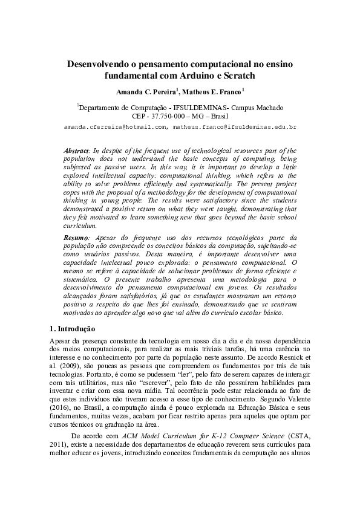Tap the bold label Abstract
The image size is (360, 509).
76,149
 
